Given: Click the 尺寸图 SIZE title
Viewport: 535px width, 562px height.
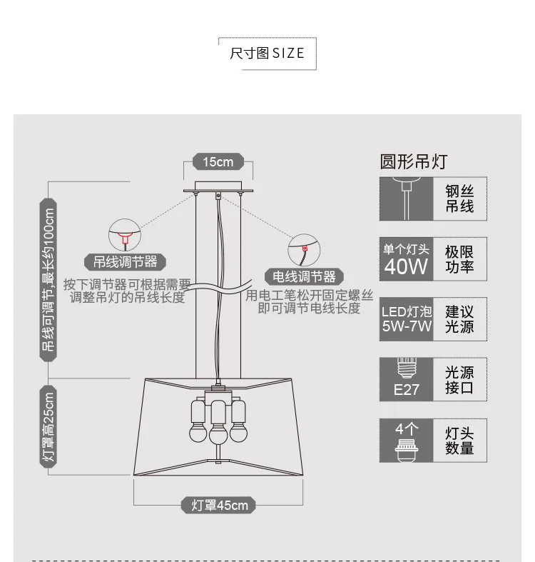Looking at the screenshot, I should (267, 53).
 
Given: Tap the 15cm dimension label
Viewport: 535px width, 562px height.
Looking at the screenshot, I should (218, 161).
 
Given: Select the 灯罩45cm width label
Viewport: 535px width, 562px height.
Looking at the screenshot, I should (219, 506).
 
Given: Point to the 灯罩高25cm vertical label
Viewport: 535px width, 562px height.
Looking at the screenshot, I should (49, 429).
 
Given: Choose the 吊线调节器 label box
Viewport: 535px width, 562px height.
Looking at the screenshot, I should (125, 261).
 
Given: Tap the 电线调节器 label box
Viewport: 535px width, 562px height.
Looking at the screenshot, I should (304, 276).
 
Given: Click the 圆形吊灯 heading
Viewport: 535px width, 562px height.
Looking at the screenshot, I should (414, 161).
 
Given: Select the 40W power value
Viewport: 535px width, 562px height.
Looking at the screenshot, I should (406, 266).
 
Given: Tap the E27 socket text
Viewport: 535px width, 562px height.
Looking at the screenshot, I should (406, 390).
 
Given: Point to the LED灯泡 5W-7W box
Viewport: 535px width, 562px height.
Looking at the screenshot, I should (406, 319).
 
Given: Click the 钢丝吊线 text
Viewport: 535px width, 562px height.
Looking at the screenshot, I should (460, 198).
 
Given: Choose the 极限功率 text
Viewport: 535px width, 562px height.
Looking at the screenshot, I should (460, 259).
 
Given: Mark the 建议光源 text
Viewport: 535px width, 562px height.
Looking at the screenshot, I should (460, 319).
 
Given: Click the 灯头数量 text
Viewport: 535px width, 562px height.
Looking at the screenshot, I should (460, 440).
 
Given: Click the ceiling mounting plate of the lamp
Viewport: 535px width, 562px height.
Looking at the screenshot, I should (218, 190).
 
